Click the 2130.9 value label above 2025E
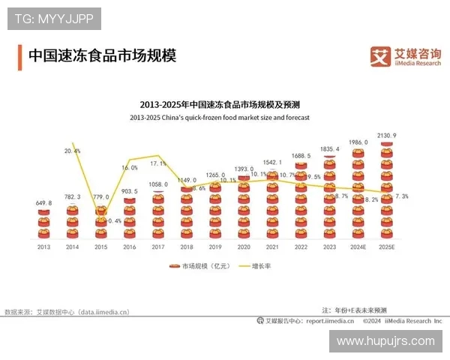[387, 136]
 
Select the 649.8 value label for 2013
[43, 202]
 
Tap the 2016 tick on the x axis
[129, 247]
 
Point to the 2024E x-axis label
[358, 247]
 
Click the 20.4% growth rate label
[73, 151]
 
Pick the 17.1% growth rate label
[158, 163]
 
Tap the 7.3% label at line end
[401, 196]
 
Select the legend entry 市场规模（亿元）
[199, 265]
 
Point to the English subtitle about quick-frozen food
[219, 118]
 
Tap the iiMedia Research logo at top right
[406, 55]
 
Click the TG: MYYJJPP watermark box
[54, 19]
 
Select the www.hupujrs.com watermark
[385, 341]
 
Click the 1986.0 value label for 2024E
[358, 142]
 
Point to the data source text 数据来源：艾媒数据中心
[67, 311]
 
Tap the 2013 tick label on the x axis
[43, 247]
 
